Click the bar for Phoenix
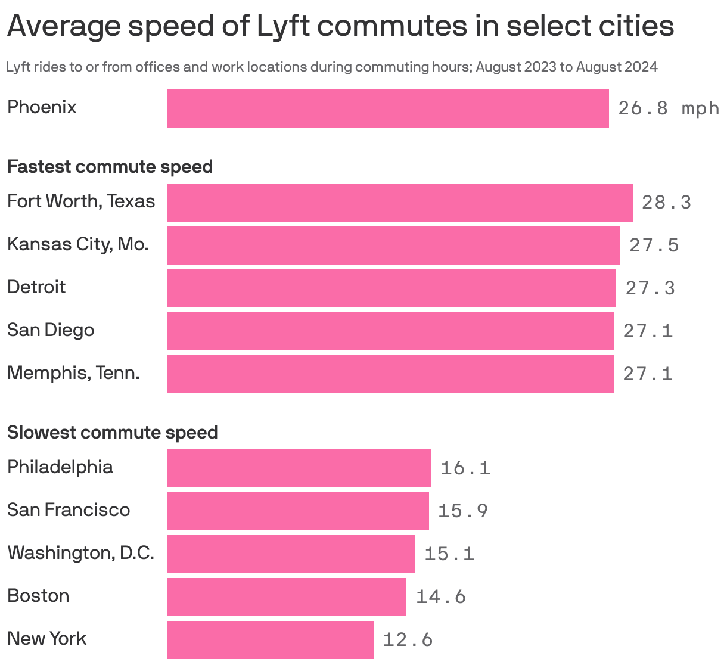coord(387,108)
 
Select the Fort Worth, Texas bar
coord(399,203)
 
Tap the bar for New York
coord(270,640)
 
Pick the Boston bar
coord(286,597)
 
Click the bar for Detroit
coord(391,288)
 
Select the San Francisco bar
coord(297,511)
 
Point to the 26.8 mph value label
coord(668,108)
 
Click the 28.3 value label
coord(666,203)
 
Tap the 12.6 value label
coord(408,640)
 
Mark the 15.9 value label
coord(463,511)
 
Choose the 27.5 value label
coord(654,246)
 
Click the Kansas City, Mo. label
coord(77,244)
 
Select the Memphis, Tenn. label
coord(73,373)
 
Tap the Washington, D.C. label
coord(80,553)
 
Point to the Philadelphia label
coord(60,467)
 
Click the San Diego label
coord(51,330)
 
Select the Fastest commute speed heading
coord(110,167)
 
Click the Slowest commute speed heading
coord(112,432)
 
